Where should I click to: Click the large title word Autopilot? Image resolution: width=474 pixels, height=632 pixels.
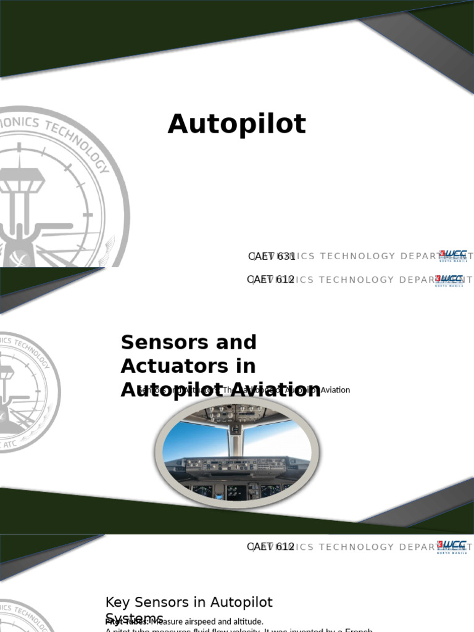[x=236, y=124]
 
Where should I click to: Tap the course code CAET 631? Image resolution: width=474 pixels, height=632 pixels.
[x=272, y=256]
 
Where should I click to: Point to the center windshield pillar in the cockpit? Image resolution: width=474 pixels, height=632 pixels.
[x=235, y=438]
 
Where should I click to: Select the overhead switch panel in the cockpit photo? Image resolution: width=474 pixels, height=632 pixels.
[x=235, y=413]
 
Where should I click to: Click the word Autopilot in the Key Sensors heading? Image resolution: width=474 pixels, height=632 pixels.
[x=241, y=602]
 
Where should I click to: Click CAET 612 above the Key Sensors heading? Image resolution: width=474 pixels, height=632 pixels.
[x=271, y=547]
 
